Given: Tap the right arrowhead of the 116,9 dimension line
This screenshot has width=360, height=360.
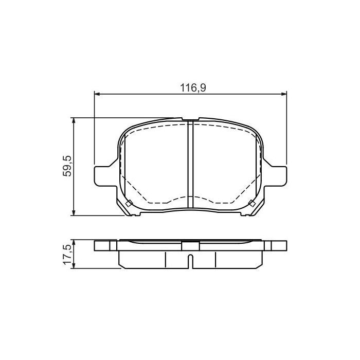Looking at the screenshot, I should tap(283, 94).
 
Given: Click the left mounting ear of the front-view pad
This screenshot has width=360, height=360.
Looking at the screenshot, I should tap(103, 174).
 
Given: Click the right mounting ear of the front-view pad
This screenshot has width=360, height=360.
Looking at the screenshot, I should tap(278, 174).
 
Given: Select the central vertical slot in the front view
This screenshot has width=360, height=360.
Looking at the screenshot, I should tap(190, 165).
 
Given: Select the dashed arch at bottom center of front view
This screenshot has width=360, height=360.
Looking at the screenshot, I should tap(190, 197).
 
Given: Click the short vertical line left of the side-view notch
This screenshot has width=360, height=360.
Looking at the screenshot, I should tap(165, 260).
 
